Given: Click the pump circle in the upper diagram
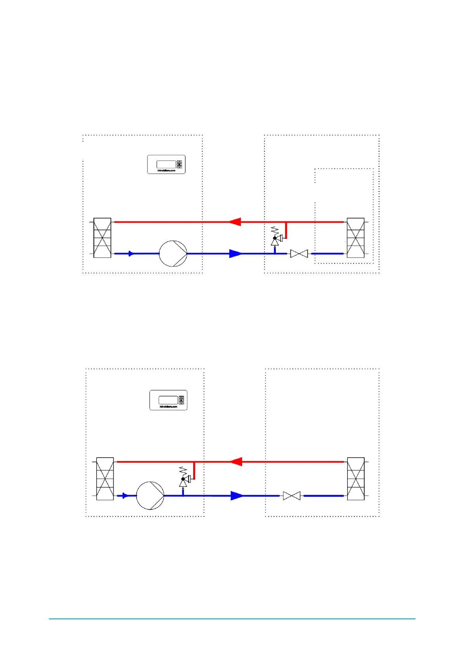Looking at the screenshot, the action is [x=173, y=254].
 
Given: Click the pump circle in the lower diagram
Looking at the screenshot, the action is [x=150, y=496].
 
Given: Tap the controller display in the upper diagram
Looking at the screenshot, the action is [x=166, y=164].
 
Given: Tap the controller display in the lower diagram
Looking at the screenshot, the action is [x=168, y=400].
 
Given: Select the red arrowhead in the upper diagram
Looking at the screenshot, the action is [x=235, y=222].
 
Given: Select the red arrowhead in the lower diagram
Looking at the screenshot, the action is [x=236, y=462].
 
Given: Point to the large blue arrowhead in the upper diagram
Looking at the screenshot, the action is [x=235, y=254].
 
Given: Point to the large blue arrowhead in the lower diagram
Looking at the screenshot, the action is [x=237, y=496].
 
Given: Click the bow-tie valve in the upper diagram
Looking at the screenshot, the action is [x=299, y=254].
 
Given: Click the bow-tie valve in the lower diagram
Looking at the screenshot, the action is [x=292, y=496].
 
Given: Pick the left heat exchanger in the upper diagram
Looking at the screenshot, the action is [x=102, y=238].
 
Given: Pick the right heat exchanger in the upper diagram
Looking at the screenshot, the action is [x=355, y=238].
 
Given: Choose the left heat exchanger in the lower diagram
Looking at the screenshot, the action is [x=105, y=479].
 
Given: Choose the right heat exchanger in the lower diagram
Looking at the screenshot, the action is [x=355, y=479].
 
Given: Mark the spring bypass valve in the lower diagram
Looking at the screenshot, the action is [x=183, y=479].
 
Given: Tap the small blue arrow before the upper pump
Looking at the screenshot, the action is [x=131, y=254].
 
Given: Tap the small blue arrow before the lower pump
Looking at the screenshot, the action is [x=124, y=496].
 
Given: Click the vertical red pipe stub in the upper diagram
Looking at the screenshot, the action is [x=286, y=230].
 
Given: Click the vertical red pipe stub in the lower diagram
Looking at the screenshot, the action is [x=194, y=471].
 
